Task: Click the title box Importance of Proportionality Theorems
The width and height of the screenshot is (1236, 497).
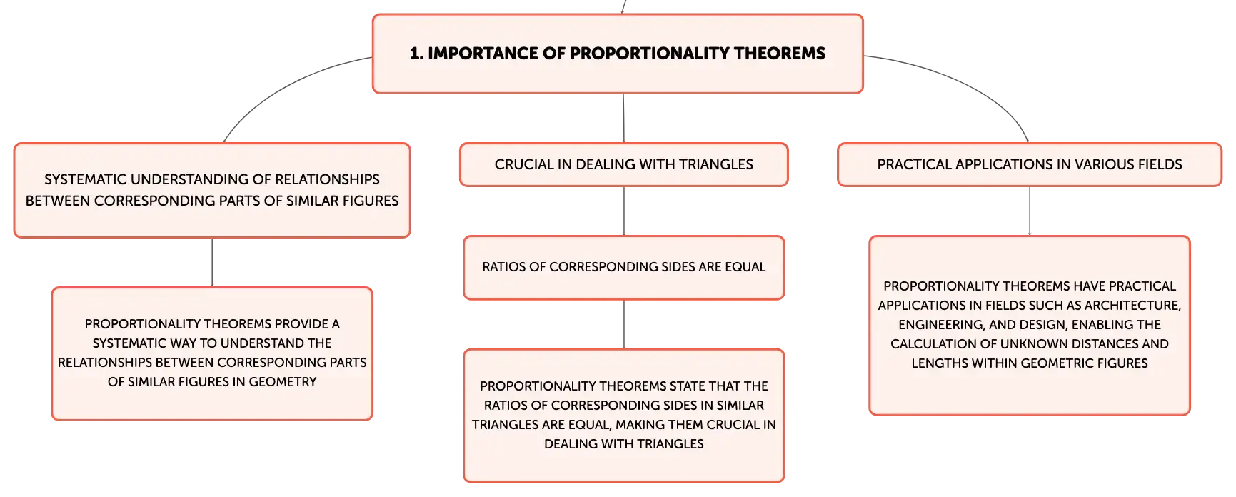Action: [618, 54]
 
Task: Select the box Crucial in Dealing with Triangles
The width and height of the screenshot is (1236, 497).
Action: [624, 164]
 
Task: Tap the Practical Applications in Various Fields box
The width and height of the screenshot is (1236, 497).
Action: [1030, 164]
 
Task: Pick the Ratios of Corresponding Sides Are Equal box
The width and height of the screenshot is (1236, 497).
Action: [624, 267]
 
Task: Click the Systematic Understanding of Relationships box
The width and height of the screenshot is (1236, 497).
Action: [212, 190]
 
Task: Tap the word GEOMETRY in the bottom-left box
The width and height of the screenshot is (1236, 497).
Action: [283, 382]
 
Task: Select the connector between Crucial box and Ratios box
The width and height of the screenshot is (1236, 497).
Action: [624, 211]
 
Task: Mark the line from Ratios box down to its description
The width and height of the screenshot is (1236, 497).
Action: [624, 324]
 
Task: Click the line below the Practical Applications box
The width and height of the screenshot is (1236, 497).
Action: [1030, 211]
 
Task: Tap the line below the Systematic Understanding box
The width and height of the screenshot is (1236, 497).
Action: [212, 262]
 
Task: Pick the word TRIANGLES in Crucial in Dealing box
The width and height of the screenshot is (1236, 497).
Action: [716, 164]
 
